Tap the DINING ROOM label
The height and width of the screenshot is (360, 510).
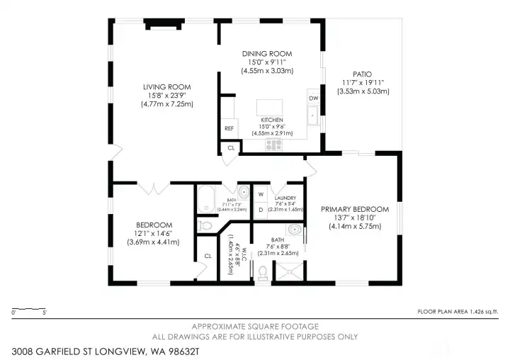point(268,54)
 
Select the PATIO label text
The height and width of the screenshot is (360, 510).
point(362,74)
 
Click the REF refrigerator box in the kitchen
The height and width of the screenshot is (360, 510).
point(229,128)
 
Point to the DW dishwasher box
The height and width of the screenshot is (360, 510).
point(312,99)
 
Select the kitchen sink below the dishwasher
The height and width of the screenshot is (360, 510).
point(312,116)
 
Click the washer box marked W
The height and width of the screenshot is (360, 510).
point(261,193)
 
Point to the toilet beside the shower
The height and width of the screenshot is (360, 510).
point(263,272)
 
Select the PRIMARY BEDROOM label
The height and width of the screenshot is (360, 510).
point(355,209)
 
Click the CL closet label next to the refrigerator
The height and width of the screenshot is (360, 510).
point(231,148)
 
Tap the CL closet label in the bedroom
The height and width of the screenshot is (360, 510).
point(208,256)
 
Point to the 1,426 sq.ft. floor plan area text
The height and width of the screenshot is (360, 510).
point(458,311)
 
